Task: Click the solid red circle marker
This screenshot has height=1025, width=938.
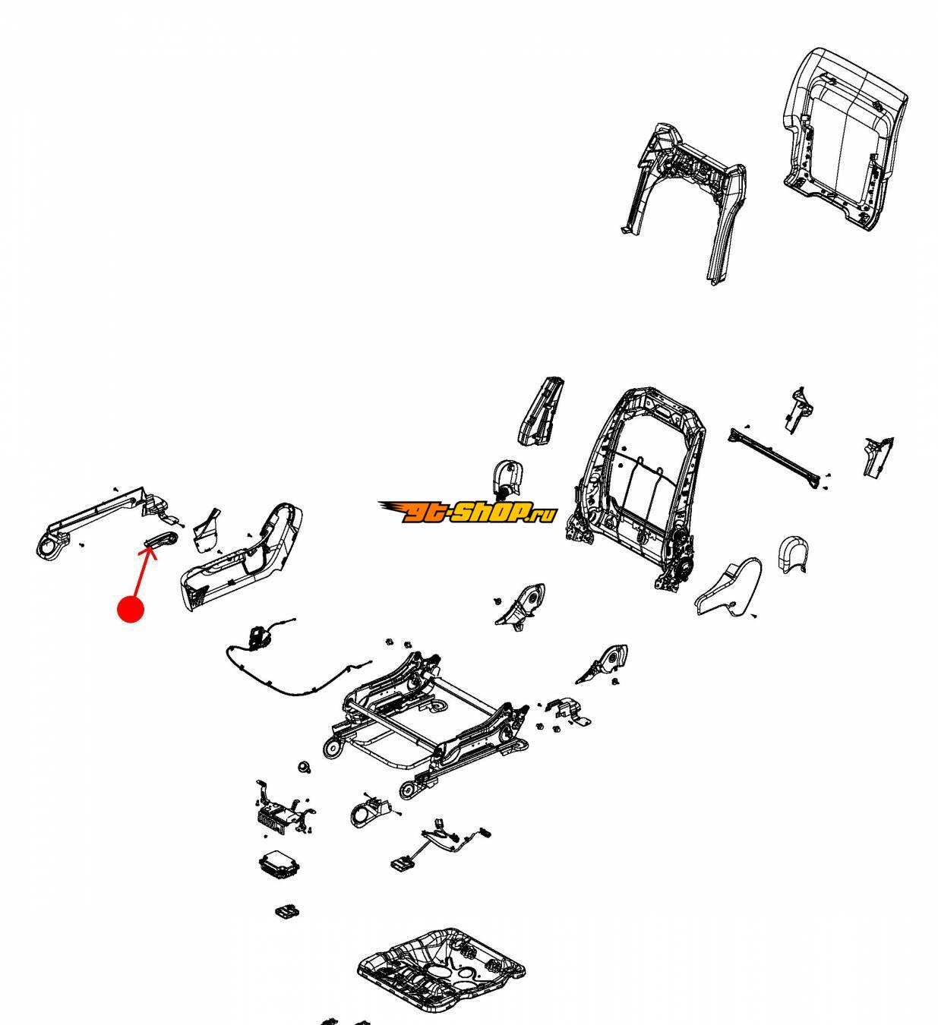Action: (131, 609)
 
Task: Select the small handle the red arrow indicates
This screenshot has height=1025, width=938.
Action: (161, 539)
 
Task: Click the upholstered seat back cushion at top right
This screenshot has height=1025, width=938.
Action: (844, 140)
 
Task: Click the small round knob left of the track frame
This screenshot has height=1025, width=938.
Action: (304, 766)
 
